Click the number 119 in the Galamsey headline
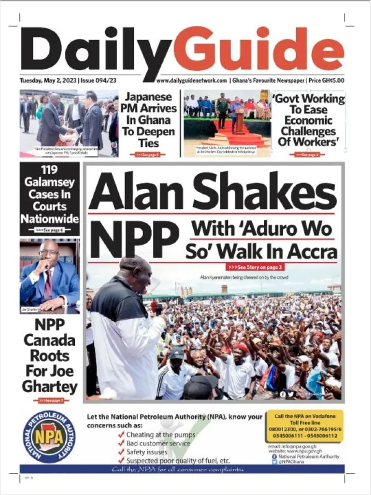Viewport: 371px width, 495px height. pyautogui.click(x=50, y=170)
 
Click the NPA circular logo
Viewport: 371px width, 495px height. pyautogui.click(x=49, y=437)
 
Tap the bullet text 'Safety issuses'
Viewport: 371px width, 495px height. pyautogui.click(x=146, y=452)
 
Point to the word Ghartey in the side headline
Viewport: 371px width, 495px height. pyautogui.click(x=50, y=387)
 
